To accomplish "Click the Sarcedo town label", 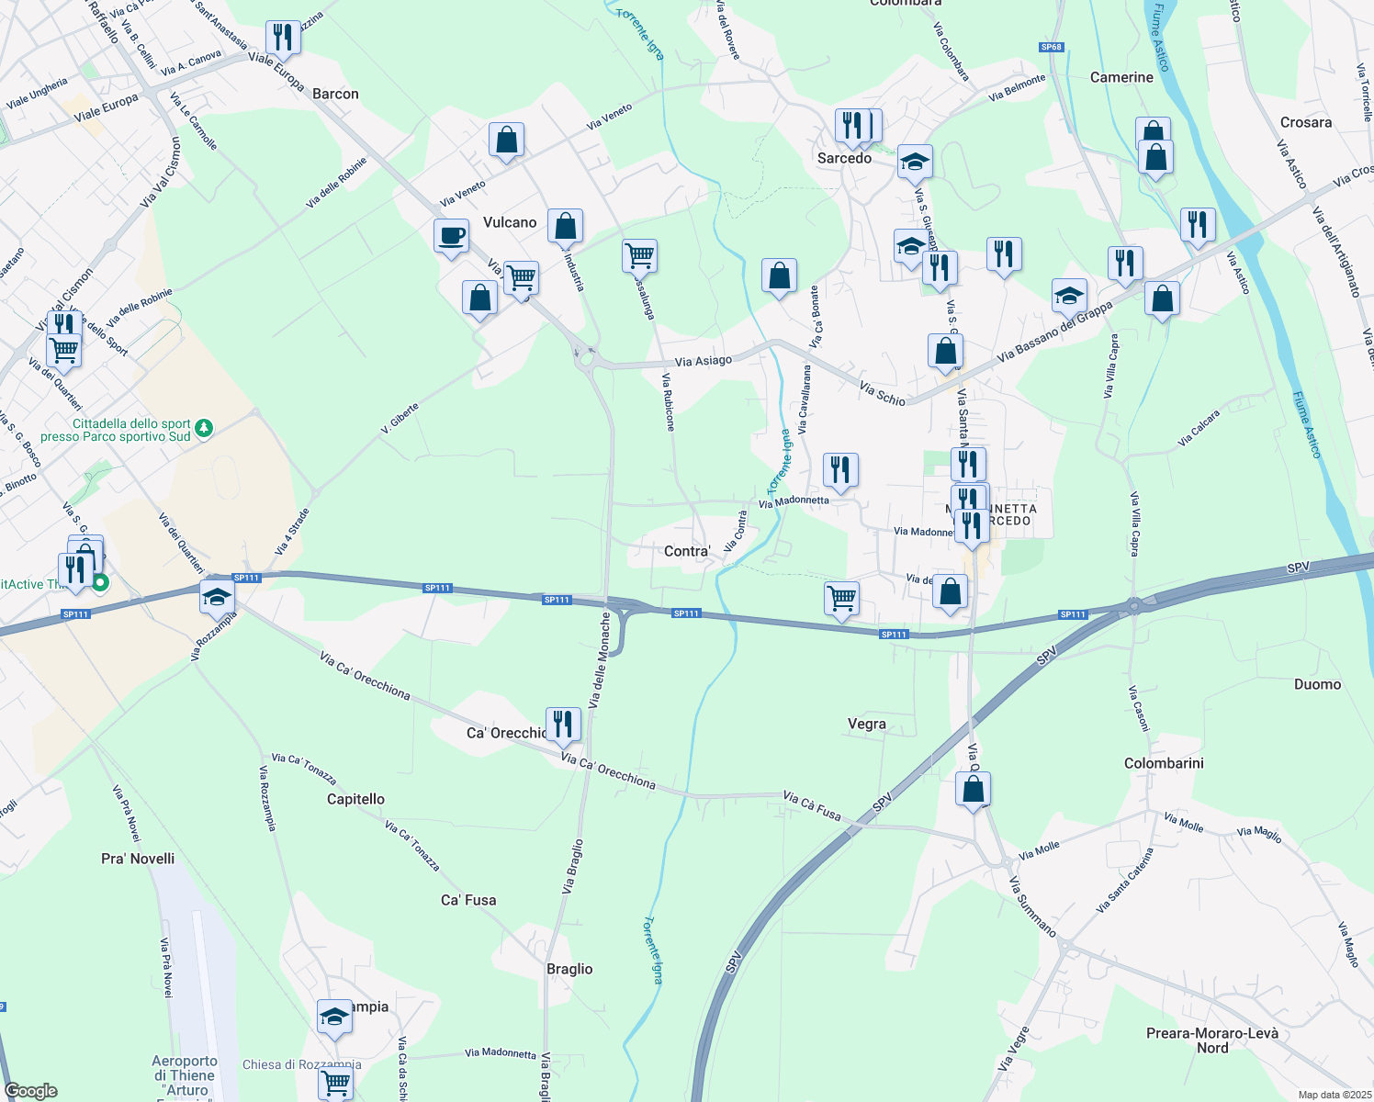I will pyautogui.click(x=844, y=158).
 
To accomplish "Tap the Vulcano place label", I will pyautogui.click(x=510, y=222).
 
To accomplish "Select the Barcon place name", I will pyautogui.click(x=335, y=94).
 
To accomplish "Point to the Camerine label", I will pyautogui.click(x=1121, y=77).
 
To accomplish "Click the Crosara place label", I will pyautogui.click(x=1305, y=122).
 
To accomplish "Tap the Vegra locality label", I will pyautogui.click(x=866, y=724).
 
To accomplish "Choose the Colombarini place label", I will pyautogui.click(x=1164, y=763).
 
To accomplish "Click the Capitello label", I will pyautogui.click(x=355, y=799).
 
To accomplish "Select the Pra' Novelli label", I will pyautogui.click(x=138, y=859).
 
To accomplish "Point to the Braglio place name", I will pyautogui.click(x=569, y=969).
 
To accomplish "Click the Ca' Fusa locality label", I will pyautogui.click(x=468, y=900).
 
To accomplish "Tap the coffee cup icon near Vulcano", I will pyautogui.click(x=451, y=236).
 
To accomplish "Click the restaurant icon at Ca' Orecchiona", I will pyautogui.click(x=563, y=724).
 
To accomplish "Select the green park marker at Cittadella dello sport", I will pyautogui.click(x=204, y=428).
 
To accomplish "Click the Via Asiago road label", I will pyautogui.click(x=704, y=361).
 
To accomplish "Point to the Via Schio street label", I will pyautogui.click(x=883, y=393).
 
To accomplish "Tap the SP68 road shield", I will pyautogui.click(x=1052, y=47).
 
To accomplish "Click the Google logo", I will pyautogui.click(x=30, y=1091).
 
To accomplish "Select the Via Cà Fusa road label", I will pyautogui.click(x=812, y=804).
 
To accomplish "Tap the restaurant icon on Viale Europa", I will pyautogui.click(x=283, y=37).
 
